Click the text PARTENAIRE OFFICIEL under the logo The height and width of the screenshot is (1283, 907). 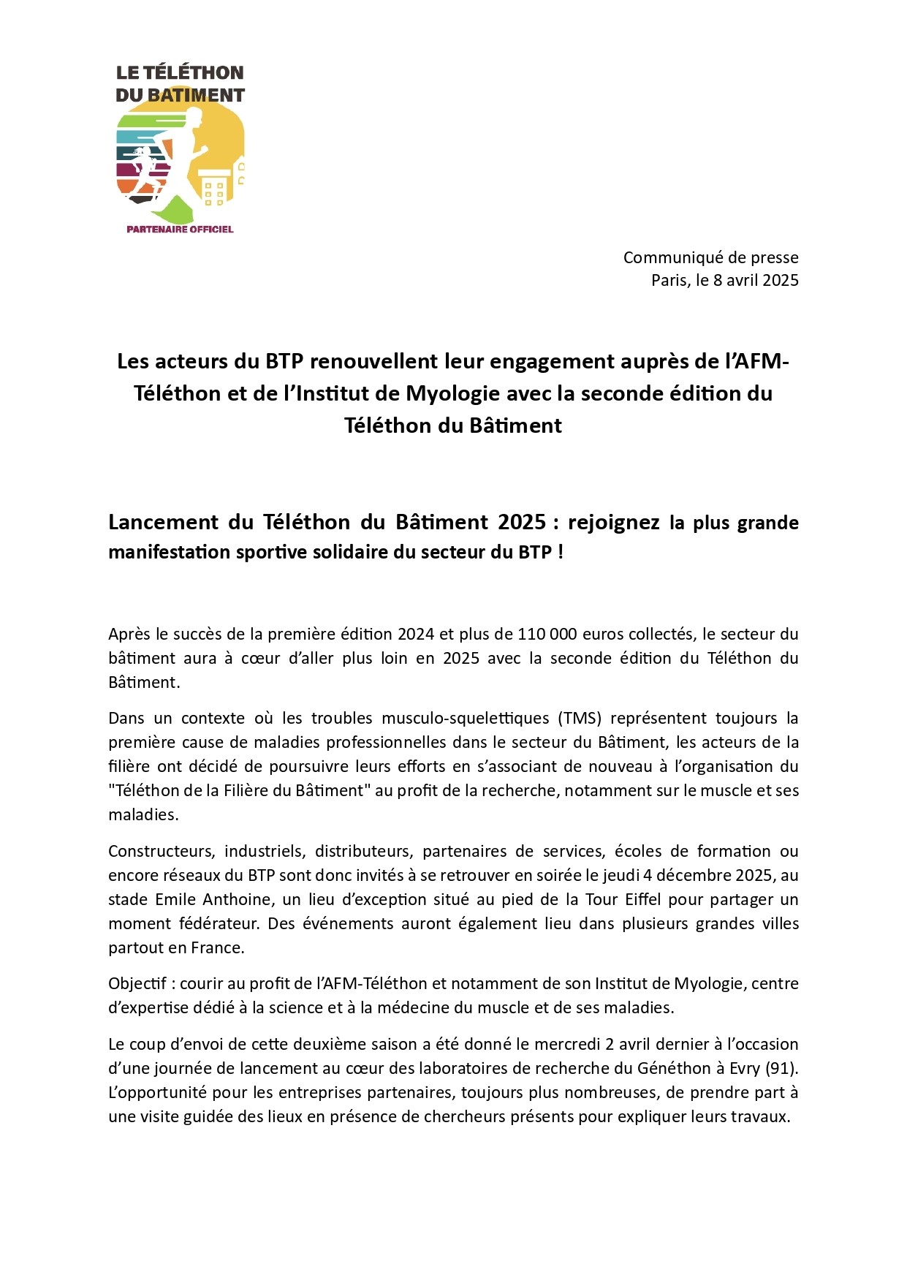point(180,229)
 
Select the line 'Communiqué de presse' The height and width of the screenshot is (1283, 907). point(710,257)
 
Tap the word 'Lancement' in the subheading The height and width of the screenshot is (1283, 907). point(163,522)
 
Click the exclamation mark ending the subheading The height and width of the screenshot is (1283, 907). point(561,551)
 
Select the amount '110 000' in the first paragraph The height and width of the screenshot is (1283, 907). point(547,634)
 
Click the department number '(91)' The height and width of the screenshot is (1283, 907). point(781,1068)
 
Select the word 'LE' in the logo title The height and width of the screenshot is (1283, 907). point(127,72)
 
